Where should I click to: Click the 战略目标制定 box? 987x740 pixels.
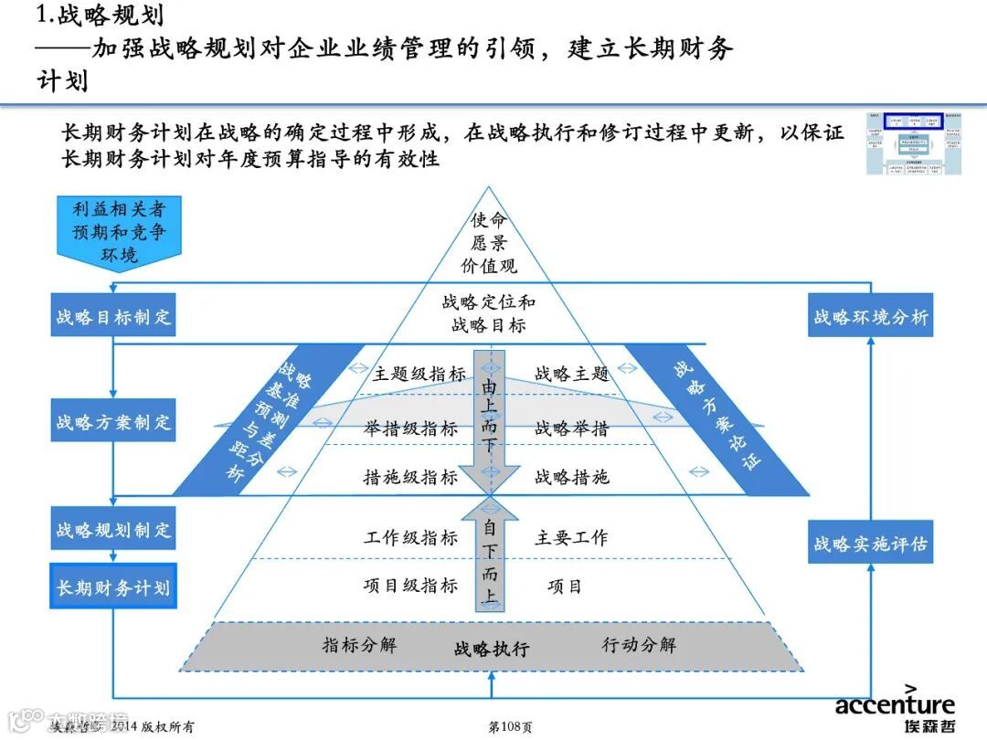112,317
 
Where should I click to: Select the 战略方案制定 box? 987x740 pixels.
112,423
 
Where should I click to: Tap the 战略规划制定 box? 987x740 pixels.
112,530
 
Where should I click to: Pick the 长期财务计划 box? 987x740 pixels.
112,587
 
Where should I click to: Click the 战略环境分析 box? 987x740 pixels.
870,317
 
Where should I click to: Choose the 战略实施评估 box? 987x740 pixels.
870,544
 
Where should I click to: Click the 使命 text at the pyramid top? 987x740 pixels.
489,220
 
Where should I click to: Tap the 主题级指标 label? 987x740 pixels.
419,374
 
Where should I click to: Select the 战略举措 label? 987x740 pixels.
571,428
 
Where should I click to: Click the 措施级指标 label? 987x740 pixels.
410,477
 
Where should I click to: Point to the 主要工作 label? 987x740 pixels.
571,538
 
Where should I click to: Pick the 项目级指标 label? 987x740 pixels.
410,586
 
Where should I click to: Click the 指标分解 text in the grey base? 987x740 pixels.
359,645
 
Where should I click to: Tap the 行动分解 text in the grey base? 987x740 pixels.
639,645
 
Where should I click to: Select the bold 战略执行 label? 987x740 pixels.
492,650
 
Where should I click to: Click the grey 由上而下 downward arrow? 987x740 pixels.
490,416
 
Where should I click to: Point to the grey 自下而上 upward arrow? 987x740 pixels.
490,557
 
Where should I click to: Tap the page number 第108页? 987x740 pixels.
511,727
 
